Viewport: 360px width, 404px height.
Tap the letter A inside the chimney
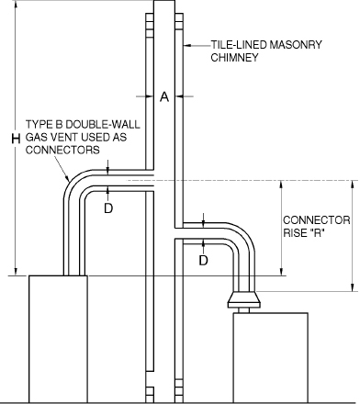pyautogui.click(x=163, y=95)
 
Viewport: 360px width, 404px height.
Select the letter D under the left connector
pyautogui.click(x=109, y=208)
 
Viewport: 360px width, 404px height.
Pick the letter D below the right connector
pyautogui.click(x=204, y=261)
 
